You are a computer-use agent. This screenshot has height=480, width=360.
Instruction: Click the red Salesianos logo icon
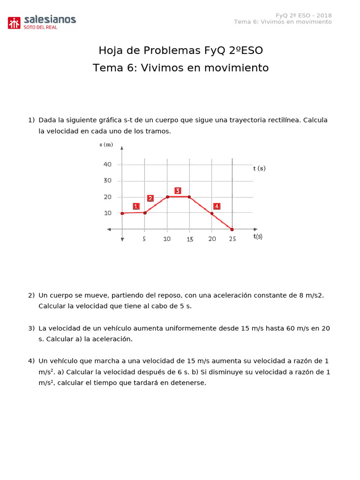coord(14,22)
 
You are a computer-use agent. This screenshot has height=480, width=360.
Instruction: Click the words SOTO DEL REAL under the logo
coord(40,28)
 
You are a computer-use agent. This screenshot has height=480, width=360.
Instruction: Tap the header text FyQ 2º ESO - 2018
coord(303,15)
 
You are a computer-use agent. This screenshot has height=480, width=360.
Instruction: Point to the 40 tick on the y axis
coord(108,165)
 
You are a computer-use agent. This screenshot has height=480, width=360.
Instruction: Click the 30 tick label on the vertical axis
coord(108,180)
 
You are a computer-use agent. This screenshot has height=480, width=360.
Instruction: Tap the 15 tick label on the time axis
coord(189,239)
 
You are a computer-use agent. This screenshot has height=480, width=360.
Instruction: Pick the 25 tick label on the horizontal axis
coord(232,239)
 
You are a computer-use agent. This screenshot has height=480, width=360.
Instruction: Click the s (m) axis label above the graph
coord(106,144)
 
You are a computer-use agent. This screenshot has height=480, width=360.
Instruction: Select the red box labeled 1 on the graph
coord(136,206)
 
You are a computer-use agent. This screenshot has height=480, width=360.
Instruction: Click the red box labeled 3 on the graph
coord(178,191)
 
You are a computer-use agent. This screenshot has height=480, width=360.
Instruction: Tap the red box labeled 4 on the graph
coord(217,206)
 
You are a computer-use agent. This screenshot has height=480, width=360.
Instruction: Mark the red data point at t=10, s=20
coord(167,197)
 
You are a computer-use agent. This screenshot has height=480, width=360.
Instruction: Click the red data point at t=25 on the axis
coord(232,229)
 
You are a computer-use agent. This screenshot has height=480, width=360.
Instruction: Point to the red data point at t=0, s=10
coord(122,213)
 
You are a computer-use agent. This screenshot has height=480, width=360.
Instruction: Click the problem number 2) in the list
coord(31,295)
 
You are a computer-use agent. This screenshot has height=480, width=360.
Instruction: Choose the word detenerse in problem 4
coord(187,382)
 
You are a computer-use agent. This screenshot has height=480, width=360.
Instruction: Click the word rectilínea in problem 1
coord(282,120)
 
